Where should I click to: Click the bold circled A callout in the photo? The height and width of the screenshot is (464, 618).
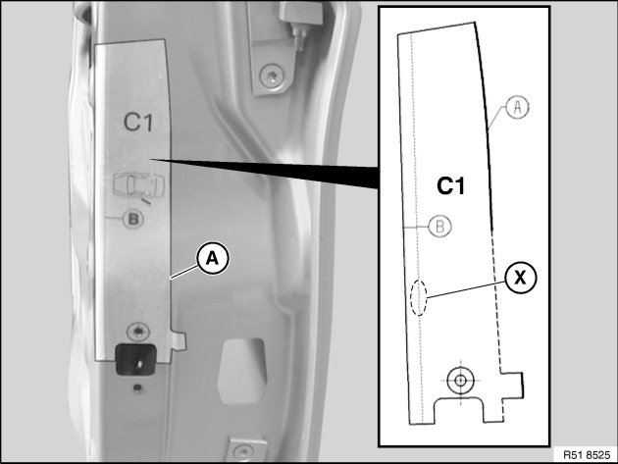213,259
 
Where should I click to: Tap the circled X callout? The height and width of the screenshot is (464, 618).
520,278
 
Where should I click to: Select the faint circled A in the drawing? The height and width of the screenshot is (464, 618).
518,107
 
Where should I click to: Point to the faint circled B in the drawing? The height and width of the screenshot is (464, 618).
439,227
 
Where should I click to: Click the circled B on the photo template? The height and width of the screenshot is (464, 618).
133,219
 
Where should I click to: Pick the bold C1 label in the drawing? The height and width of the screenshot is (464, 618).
451,185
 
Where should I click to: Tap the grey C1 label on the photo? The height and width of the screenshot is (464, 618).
138,122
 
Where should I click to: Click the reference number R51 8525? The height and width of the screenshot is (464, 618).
586,454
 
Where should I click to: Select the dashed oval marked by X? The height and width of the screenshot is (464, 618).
419,297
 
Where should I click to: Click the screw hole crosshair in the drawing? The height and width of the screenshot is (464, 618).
460,381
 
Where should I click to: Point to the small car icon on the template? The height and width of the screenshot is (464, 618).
138,184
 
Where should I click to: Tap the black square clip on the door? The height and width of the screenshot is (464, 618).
135,360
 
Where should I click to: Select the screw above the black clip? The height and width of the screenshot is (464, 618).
137,332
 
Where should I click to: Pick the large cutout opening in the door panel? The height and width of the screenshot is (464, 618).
241,371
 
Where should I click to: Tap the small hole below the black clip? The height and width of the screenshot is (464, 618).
137,387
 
